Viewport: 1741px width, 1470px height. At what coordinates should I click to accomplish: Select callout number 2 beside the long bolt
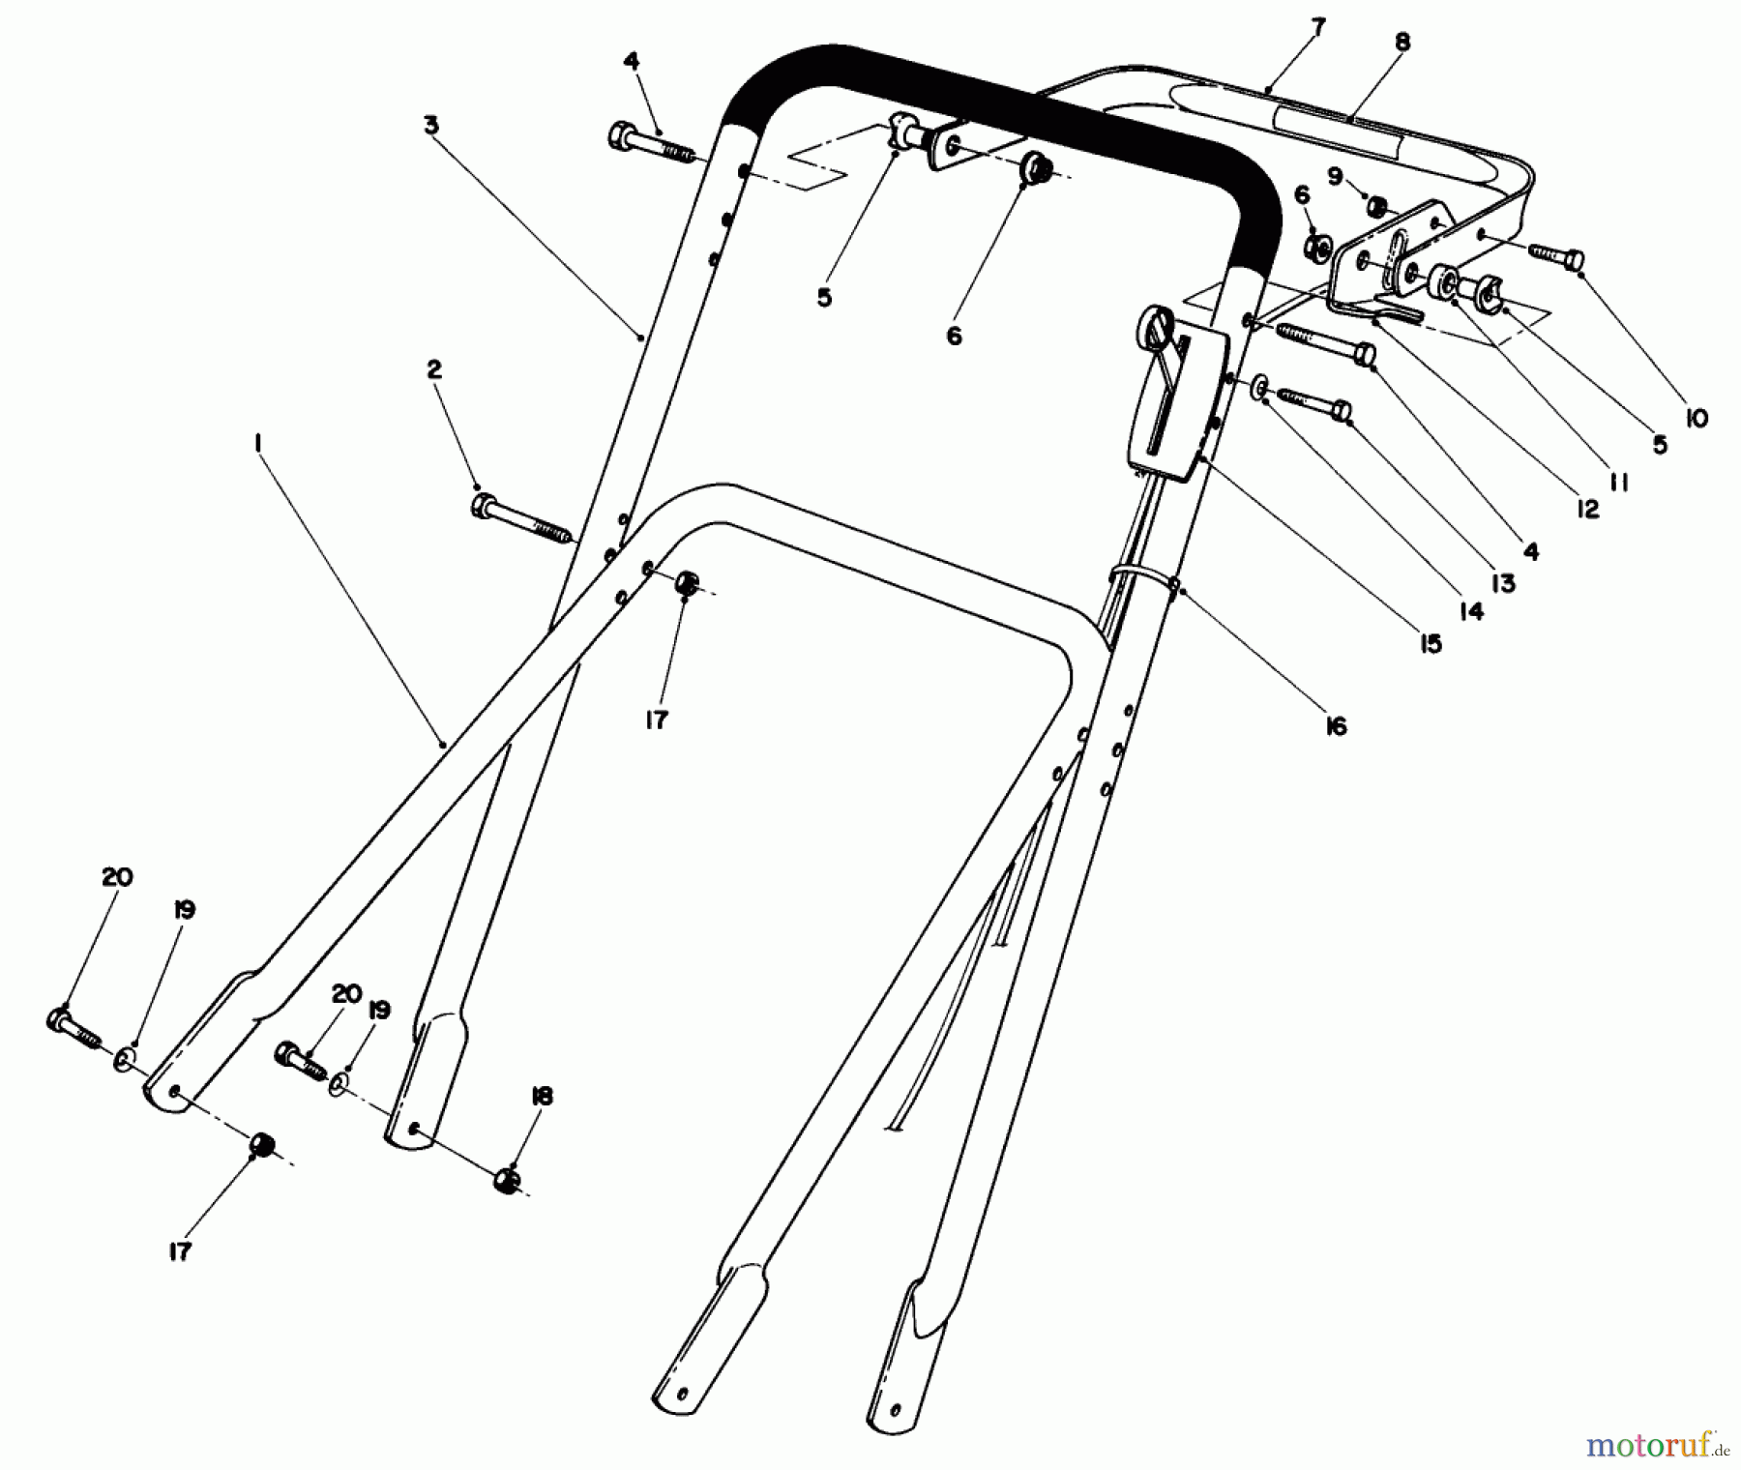coord(433,368)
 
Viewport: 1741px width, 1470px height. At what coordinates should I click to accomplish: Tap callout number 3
coord(430,125)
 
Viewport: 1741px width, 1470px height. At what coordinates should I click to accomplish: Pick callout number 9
coord(1335,176)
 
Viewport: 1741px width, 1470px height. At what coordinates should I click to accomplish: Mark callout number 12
coord(1587,509)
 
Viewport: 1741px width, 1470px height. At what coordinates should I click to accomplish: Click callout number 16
coord(1335,726)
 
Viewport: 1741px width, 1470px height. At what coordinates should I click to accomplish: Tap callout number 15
coord(1430,643)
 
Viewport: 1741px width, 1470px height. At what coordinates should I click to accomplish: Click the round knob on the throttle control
coord(1157,322)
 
